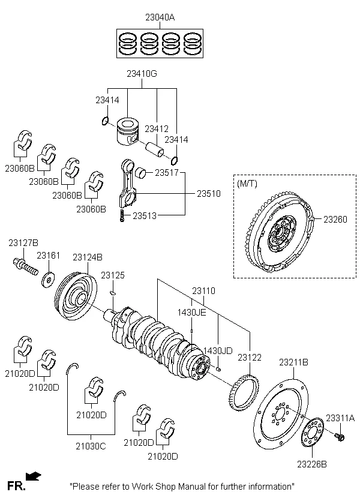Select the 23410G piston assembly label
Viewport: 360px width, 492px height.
tap(142, 74)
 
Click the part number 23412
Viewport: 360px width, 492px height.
tap(156, 128)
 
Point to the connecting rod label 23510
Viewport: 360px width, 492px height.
tap(208, 194)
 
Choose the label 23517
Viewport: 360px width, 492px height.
tap(167, 173)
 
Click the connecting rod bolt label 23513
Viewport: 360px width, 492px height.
tap(145, 215)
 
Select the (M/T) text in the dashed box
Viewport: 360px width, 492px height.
tap(247, 182)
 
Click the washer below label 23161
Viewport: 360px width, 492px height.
tap(47, 280)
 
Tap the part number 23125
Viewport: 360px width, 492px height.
tap(113, 275)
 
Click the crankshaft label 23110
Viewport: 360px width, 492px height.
tap(203, 290)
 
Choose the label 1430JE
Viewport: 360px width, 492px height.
tap(191, 312)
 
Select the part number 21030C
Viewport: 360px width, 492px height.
tap(90, 445)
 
